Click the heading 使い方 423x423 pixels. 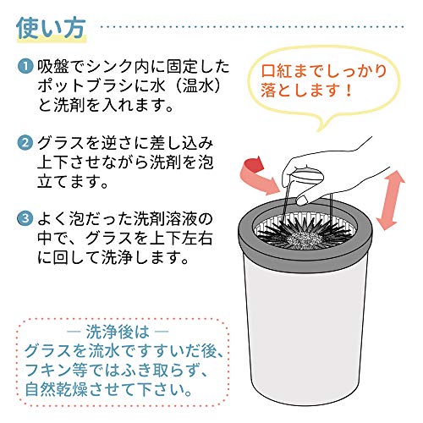[x=51, y=29]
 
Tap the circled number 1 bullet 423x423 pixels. [x=25, y=67]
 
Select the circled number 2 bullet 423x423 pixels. [x=25, y=143]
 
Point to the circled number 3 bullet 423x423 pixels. [x=25, y=218]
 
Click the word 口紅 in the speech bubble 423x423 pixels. [x=277, y=71]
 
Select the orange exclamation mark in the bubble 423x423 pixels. [x=349, y=90]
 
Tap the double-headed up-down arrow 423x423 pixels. [x=390, y=201]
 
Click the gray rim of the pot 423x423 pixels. [x=245, y=239]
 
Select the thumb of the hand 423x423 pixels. [x=303, y=199]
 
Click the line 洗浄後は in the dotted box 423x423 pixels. [x=118, y=332]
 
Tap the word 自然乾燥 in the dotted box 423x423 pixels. [x=57, y=389]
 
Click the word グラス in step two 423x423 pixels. [x=62, y=143]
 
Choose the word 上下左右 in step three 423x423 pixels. [x=181, y=239]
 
